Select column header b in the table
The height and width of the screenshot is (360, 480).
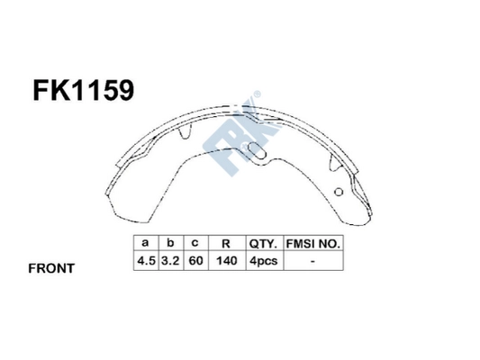click(168, 243)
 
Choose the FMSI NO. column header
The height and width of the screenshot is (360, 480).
click(312, 243)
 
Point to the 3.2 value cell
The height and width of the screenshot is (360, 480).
click(168, 261)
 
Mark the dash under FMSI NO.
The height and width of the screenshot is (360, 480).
click(312, 261)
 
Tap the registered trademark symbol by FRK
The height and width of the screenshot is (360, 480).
click(258, 93)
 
